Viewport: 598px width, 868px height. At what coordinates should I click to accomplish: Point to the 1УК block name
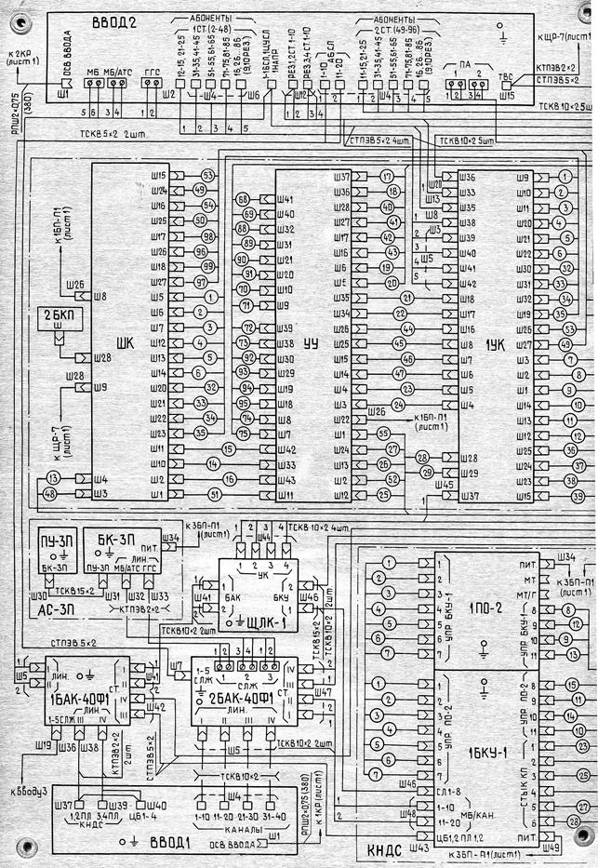click(x=498, y=343)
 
